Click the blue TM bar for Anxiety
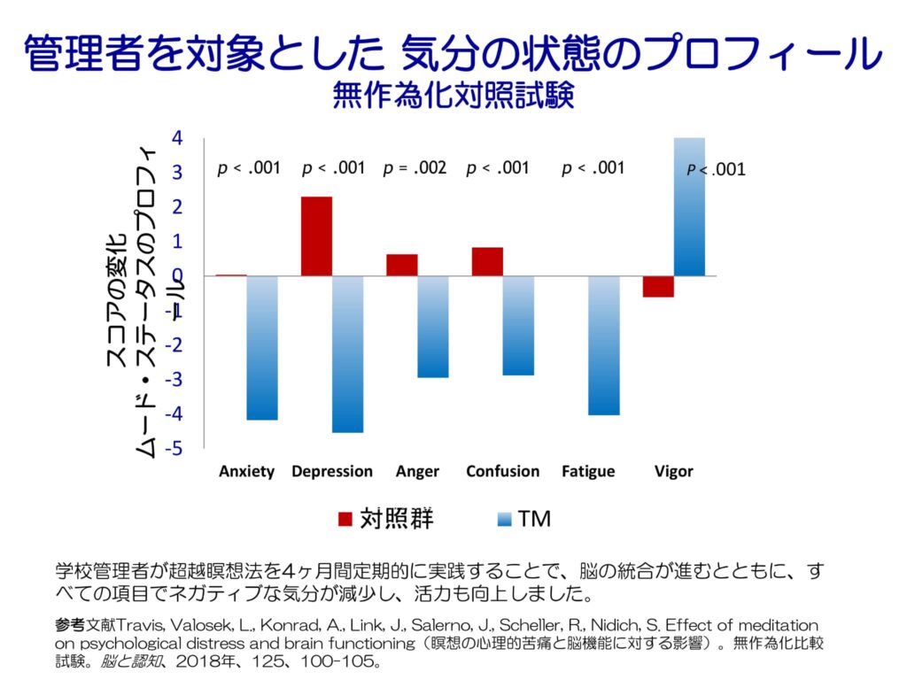pyautogui.click(x=262, y=347)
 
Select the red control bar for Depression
pyautogui.click(x=316, y=236)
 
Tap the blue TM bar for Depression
pyautogui.click(x=347, y=353)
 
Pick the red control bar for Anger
pyautogui.click(x=401, y=265)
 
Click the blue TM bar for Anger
pyautogui.click(x=433, y=326)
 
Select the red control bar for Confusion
pyautogui.click(x=487, y=261)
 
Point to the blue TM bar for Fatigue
pyautogui.click(x=604, y=345)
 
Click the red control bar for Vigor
pyautogui.click(x=658, y=286)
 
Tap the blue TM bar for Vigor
pyautogui.click(x=690, y=206)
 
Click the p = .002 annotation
pyautogui.click(x=415, y=168)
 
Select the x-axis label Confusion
pyautogui.click(x=502, y=471)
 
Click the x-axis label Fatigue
pyautogui.click(x=587, y=471)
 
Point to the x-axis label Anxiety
pyautogui.click(x=246, y=471)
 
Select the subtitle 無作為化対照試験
pyautogui.click(x=453, y=96)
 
